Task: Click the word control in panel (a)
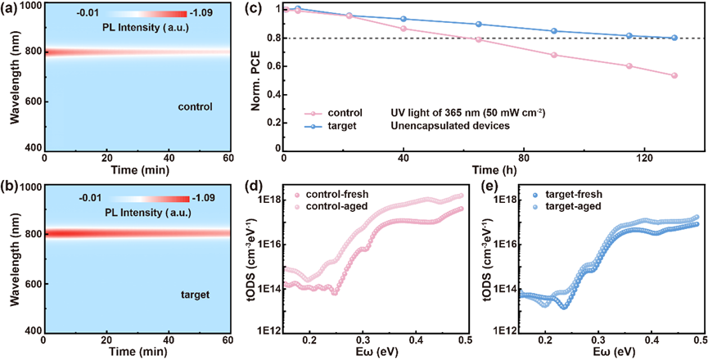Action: point(195,107)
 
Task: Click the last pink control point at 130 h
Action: point(674,75)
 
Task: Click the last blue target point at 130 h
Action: point(674,38)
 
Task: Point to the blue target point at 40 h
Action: point(404,19)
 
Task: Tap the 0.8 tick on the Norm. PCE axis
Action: point(273,38)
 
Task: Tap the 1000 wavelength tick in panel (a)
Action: point(28,7)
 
